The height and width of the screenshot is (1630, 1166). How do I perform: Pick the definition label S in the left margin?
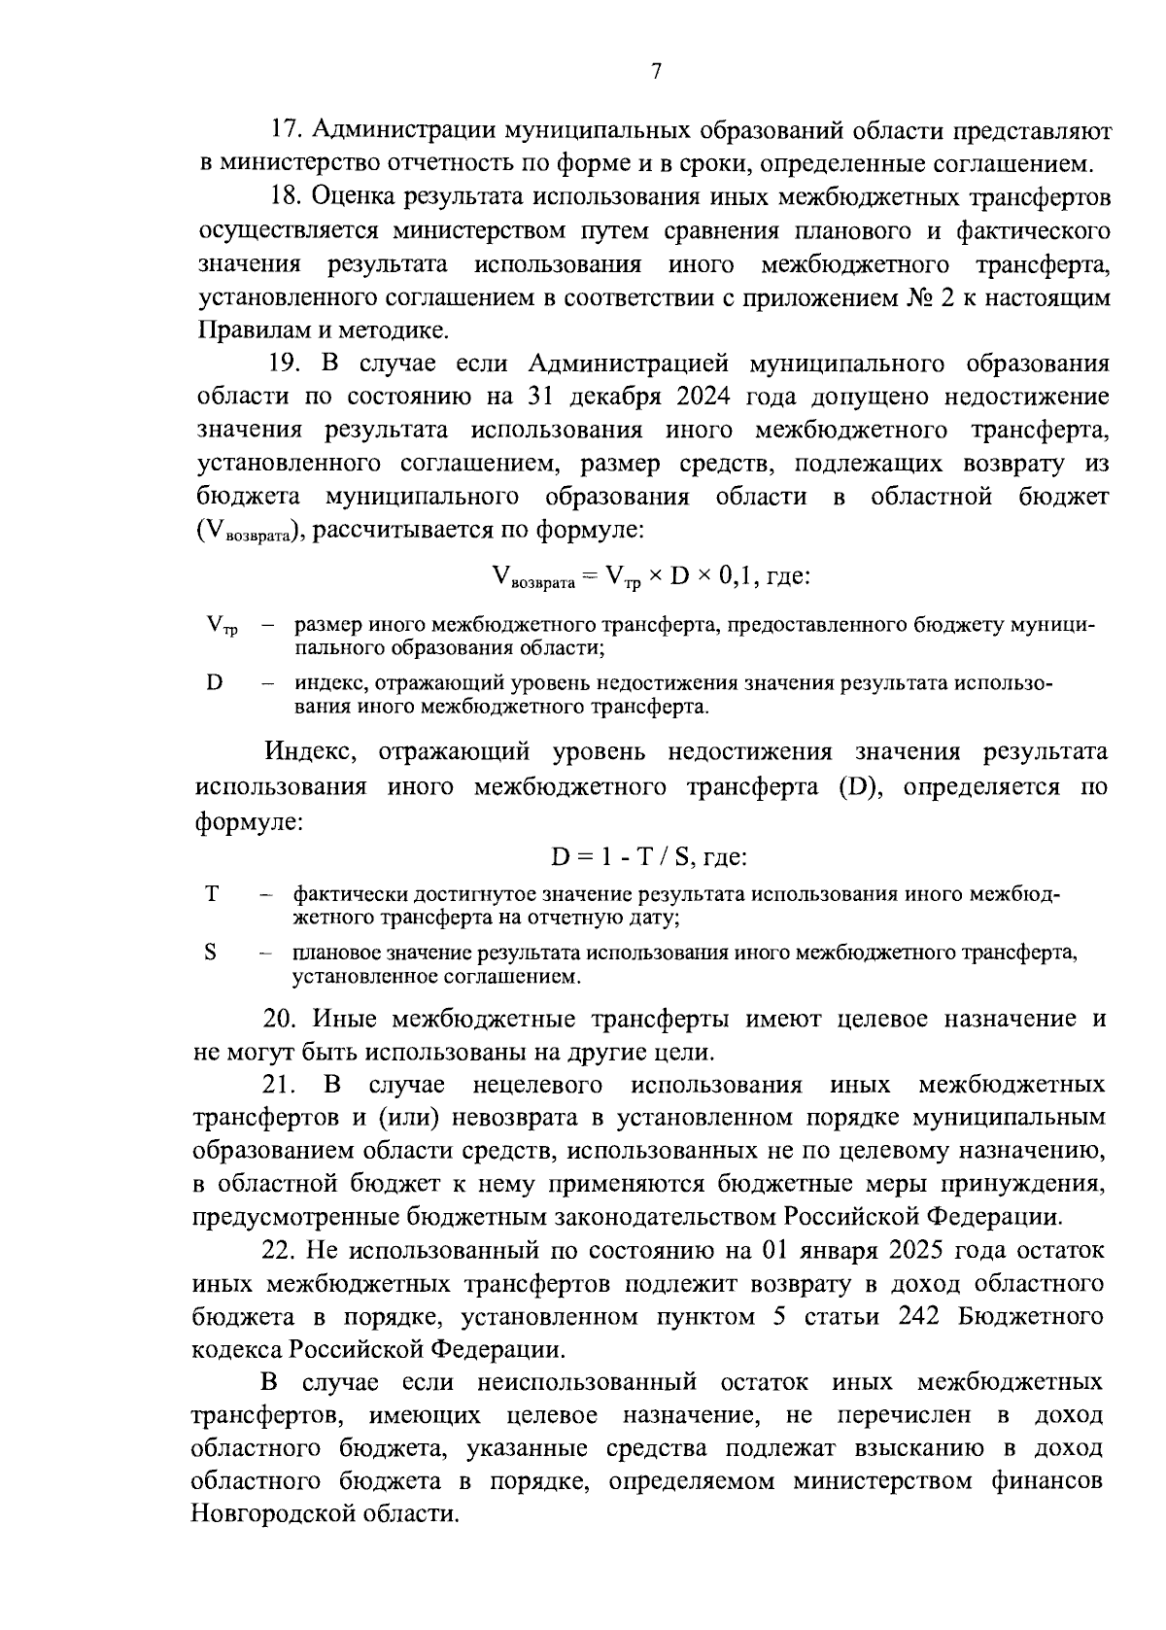click(211, 953)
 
